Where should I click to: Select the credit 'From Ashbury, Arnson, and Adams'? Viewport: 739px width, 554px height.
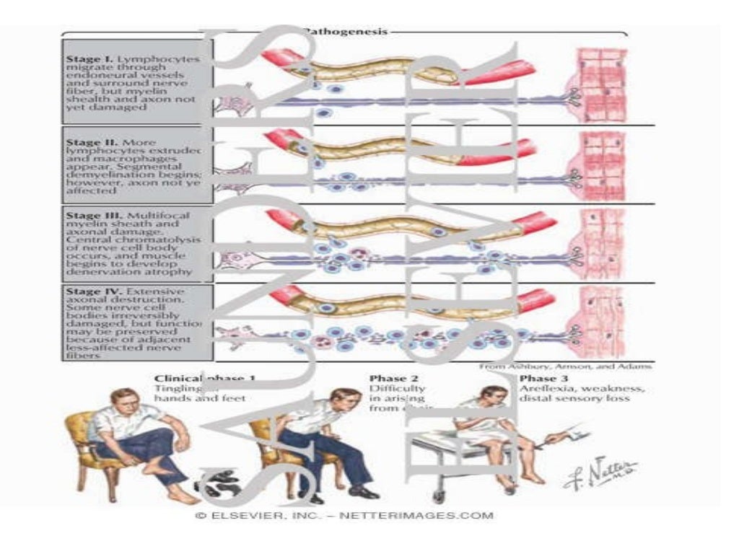pyautogui.click(x=566, y=366)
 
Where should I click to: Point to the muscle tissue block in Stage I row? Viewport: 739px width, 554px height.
pyautogui.click(x=599, y=83)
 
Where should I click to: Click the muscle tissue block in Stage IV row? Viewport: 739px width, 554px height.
pyautogui.click(x=599, y=317)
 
